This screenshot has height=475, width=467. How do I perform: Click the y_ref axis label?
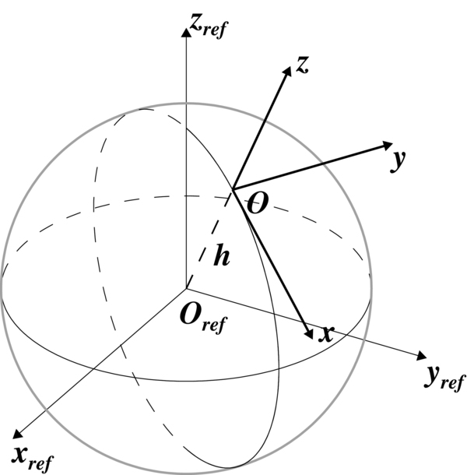coord(445,379)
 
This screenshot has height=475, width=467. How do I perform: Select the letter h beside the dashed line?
coord(222,257)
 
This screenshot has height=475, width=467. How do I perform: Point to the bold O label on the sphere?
coord(258,203)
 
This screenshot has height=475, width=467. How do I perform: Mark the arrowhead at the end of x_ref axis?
coord(18,433)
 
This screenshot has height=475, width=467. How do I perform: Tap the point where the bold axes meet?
coord(233,188)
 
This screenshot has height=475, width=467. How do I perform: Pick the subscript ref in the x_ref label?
coord(40,463)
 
